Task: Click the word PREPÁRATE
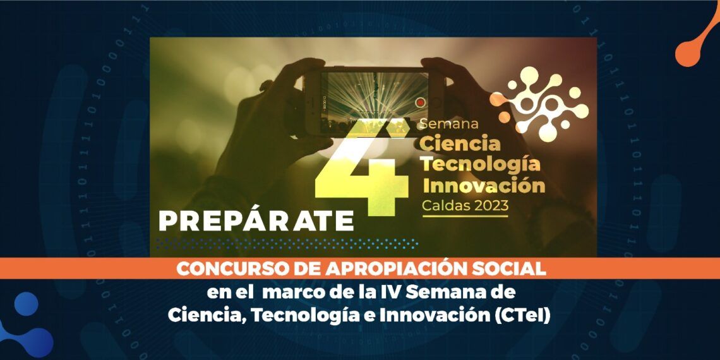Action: [256, 221]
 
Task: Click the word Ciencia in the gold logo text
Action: [460, 144]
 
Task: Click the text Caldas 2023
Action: [465, 207]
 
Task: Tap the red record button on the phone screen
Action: [420, 102]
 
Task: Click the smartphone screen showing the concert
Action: [375, 102]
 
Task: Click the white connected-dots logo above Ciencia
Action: [539, 104]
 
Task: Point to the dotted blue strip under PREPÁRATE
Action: [287, 244]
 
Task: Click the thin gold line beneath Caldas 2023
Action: [465, 216]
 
